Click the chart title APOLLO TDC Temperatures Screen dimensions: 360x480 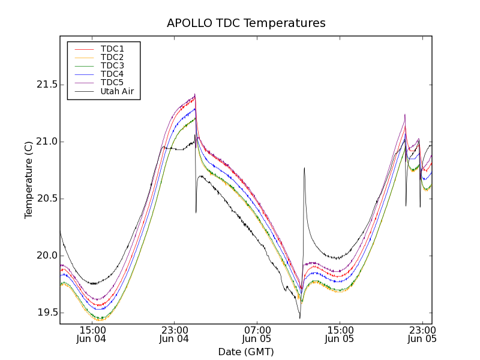click(x=246, y=23)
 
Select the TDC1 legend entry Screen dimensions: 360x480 click(x=112, y=49)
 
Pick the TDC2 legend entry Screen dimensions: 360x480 click(x=112, y=57)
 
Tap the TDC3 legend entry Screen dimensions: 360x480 click(x=112, y=65)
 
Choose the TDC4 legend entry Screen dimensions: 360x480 click(x=112, y=74)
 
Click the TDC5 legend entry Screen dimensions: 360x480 click(x=112, y=83)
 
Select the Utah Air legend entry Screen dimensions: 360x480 click(x=117, y=91)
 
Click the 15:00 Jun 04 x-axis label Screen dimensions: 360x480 click(x=92, y=334)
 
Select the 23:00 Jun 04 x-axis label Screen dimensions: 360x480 click(x=175, y=334)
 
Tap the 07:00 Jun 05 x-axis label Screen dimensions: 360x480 click(x=257, y=334)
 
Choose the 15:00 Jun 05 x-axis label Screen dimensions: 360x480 click(x=340, y=334)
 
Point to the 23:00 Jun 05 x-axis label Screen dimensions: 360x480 click(x=422, y=334)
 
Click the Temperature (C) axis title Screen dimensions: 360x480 click(x=29, y=179)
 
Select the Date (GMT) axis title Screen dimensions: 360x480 click(x=245, y=352)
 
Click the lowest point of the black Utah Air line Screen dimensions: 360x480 click(x=299, y=318)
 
